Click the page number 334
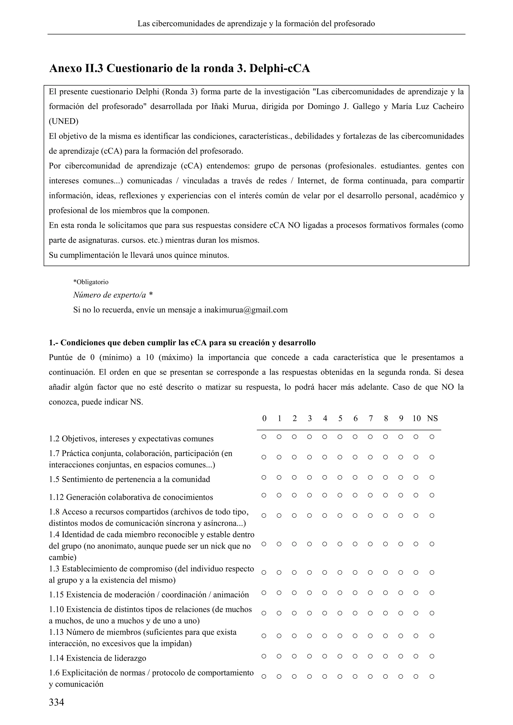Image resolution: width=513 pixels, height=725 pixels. click(57, 702)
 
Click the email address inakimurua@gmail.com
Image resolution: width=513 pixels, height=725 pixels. click(246, 310)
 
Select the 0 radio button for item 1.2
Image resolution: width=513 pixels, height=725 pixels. click(264, 437)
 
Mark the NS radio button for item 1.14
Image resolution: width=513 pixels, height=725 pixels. click(432, 656)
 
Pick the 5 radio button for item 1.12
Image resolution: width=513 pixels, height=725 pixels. click(340, 495)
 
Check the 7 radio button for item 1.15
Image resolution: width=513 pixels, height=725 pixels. click(370, 593)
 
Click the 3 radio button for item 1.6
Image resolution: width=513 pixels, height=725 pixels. click(309, 676)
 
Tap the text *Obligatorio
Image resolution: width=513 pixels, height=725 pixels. click(91, 282)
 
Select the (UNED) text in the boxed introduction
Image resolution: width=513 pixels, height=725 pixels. click(63, 121)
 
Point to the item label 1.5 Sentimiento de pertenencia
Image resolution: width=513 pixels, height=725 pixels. click(129, 479)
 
